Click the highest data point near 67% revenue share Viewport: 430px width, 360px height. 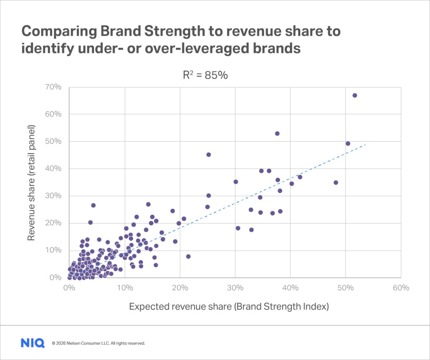point(354,95)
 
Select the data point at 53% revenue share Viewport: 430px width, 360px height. point(277,134)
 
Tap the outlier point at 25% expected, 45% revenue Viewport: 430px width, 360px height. point(208,155)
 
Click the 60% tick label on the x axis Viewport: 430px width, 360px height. point(401,288)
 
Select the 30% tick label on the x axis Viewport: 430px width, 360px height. point(235,288)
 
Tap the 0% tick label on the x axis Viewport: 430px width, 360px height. point(69,288)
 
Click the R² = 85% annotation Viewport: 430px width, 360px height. point(205,75)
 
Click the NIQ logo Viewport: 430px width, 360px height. point(32,343)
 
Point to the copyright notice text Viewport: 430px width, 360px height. point(98,343)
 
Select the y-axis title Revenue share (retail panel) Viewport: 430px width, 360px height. point(31,182)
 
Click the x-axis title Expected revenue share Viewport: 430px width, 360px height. point(229,306)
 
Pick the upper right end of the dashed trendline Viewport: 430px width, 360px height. point(366,144)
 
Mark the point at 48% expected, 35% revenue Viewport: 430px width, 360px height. point(336,182)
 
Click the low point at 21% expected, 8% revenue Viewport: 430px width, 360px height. point(188,256)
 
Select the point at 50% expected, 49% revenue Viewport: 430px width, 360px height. point(348,143)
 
